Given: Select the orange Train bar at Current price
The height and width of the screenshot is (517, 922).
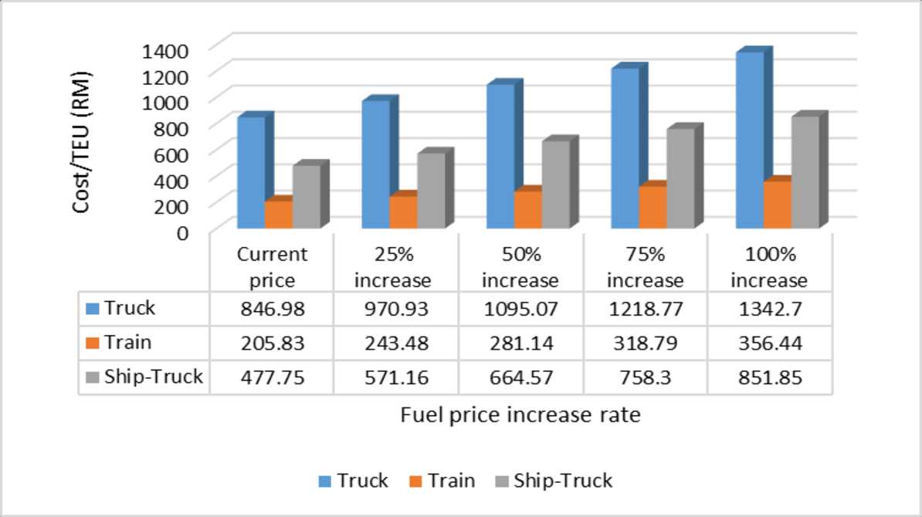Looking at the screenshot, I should [278, 214].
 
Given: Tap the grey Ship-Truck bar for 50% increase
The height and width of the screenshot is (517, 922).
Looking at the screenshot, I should [555, 184].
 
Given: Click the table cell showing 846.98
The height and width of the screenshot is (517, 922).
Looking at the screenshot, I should [272, 309].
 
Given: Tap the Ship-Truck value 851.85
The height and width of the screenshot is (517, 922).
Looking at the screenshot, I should [770, 377].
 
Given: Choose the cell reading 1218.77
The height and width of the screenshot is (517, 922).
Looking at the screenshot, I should [646, 309].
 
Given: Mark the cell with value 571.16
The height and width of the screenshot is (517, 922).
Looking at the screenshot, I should [396, 377].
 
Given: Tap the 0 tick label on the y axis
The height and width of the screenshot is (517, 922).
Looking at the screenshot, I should [182, 231].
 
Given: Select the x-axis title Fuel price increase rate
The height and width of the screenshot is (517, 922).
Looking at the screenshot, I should [520, 415].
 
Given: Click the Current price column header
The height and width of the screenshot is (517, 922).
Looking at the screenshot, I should [272, 266].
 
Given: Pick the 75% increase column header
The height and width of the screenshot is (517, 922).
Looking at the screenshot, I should [646, 266].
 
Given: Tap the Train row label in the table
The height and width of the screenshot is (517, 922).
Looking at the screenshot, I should [128, 342].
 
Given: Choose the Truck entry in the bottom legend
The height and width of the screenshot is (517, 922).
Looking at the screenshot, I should [354, 481].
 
